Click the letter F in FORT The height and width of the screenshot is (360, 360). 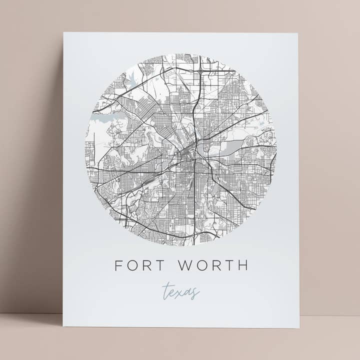[x=119, y=265]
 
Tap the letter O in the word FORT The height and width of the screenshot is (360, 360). [x=133, y=265]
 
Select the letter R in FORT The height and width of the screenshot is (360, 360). [x=149, y=265]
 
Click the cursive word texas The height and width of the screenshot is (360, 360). [x=181, y=291]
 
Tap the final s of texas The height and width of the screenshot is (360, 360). [x=196, y=292]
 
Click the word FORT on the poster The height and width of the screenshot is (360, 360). [x=141, y=265]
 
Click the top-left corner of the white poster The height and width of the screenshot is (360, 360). [x=64, y=33]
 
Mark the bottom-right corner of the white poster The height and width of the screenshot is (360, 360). [x=299, y=328]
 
